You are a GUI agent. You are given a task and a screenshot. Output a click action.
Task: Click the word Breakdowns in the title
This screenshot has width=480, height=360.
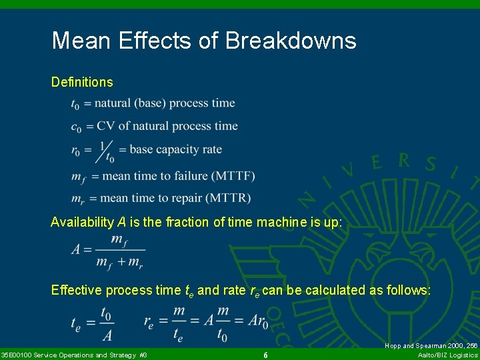tap(291, 41)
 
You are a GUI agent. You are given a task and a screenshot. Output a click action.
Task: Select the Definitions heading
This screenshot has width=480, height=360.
tap(82, 82)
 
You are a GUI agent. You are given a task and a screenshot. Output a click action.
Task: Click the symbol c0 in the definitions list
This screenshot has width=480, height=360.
tap(76, 127)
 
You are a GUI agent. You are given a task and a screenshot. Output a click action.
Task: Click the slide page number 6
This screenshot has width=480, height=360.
tap(265, 355)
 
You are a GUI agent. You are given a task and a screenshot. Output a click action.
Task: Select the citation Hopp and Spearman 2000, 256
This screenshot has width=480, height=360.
tap(431, 346)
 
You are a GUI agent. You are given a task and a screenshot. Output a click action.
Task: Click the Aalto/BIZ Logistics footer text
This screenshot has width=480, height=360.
tap(447, 355)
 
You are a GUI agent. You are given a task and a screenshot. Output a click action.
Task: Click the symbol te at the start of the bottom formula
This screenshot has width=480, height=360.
tap(77, 323)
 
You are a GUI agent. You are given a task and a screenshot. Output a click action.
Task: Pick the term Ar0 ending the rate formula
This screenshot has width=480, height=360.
tap(257, 323)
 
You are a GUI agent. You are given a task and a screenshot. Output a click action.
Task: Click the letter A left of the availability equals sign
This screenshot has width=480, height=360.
tap(77, 250)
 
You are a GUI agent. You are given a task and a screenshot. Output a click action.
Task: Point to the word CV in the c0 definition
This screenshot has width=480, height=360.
tap(106, 126)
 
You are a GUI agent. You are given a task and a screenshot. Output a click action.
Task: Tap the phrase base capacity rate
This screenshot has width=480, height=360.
tap(175, 149)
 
